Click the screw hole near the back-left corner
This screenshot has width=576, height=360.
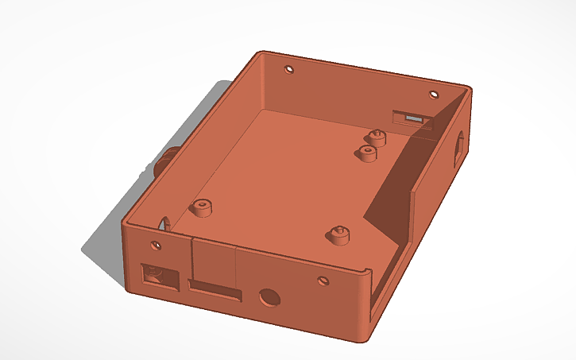pos(289,68)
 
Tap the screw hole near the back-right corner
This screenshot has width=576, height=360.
pos(434,95)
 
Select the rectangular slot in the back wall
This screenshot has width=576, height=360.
pos(412,119)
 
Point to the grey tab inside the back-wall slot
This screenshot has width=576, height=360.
pos(413,118)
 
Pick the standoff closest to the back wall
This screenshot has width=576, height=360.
pos(374,137)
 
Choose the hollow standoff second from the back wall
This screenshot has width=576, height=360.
pos(367,152)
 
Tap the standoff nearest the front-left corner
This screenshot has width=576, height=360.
pos(201,208)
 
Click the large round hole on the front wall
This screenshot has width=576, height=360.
pos(269,297)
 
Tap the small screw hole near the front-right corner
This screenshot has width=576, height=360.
pos(322,281)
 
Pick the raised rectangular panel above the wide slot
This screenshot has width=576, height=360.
pos(214,261)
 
